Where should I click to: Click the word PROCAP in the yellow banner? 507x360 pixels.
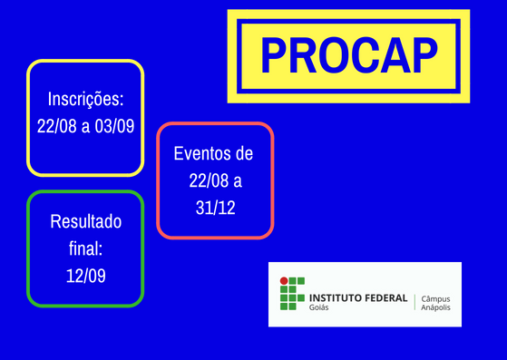click(348, 56)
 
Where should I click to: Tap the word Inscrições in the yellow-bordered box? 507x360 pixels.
click(85, 99)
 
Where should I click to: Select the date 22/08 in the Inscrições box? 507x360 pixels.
click(56, 126)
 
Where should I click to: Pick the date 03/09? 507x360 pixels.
click(114, 126)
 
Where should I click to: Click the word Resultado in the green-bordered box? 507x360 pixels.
click(85, 222)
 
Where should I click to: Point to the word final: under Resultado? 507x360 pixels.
click(85, 248)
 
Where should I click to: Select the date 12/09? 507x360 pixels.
click(85, 275)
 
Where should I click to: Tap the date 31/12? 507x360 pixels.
click(215, 208)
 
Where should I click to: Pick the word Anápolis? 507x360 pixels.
click(437, 307)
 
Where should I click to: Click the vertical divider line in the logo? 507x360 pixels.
click(414, 302)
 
